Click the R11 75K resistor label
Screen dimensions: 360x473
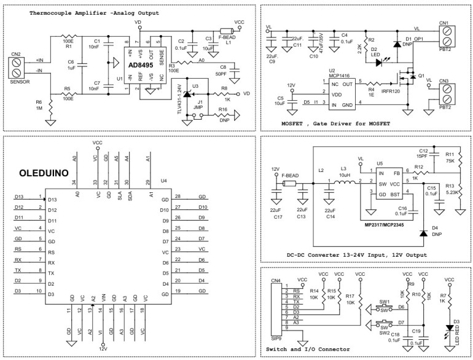450,158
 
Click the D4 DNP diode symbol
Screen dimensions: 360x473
423,233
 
